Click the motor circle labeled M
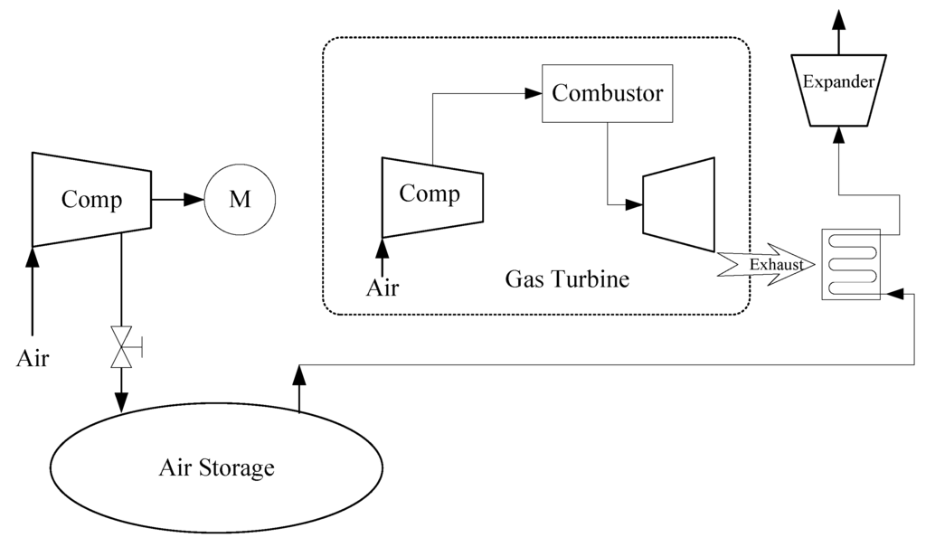(x=239, y=199)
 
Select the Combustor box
(x=607, y=93)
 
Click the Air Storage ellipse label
(x=216, y=468)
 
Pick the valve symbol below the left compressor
(x=121, y=346)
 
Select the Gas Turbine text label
(x=566, y=279)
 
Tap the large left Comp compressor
(x=90, y=199)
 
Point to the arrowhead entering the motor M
(x=195, y=199)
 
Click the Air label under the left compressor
(x=33, y=358)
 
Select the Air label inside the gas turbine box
(x=382, y=288)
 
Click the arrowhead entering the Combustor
(x=534, y=92)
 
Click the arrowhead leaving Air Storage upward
(x=298, y=373)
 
